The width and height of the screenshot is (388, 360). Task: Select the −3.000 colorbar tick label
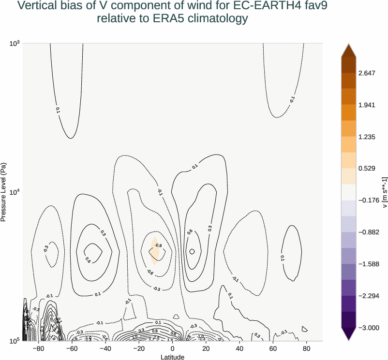click(369, 328)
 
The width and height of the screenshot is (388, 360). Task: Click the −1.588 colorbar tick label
click(369, 264)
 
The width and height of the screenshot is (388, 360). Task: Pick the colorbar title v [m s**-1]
click(384, 192)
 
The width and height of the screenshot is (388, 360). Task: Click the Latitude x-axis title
click(173, 357)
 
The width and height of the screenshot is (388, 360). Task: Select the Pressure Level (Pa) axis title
click(4, 192)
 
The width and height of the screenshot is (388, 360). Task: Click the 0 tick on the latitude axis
click(173, 348)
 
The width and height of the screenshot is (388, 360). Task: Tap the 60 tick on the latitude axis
click(273, 348)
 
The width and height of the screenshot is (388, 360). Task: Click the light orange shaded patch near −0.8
click(154, 250)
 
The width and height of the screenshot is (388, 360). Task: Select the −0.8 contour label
click(158, 245)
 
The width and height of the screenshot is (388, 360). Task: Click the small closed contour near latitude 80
click(304, 329)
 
